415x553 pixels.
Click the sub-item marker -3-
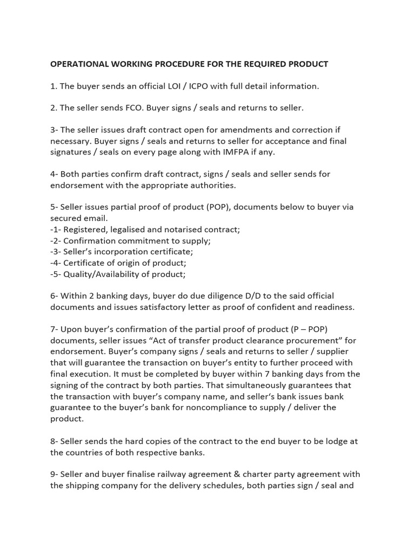56,252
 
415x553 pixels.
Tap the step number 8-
55,441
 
